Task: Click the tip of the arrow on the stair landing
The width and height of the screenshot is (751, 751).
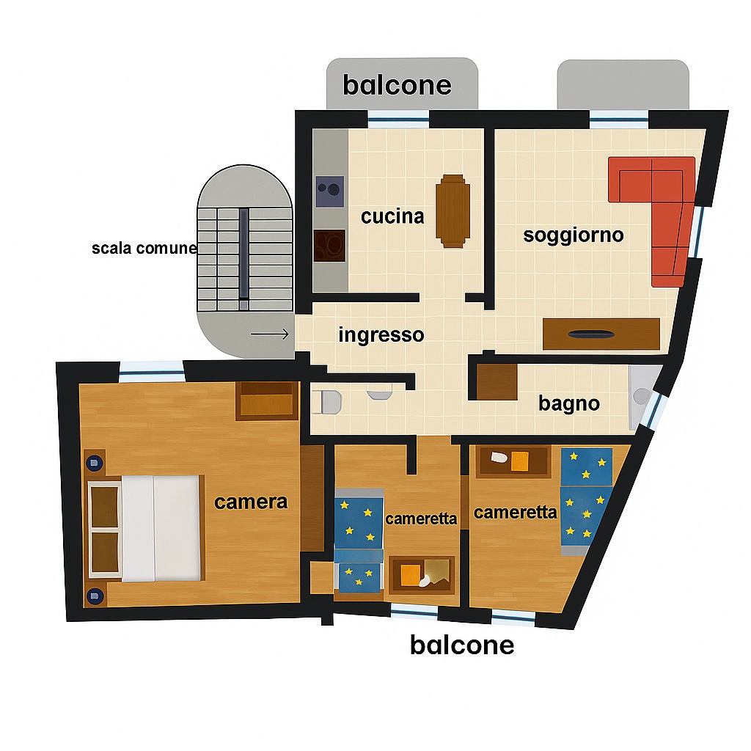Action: (289, 334)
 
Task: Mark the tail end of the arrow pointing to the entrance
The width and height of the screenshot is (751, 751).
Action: (251, 334)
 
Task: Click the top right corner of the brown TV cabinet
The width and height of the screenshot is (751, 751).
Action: (659, 319)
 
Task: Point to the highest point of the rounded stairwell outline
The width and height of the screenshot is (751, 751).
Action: (245, 165)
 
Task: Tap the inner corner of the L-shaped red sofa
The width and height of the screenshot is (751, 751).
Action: (652, 202)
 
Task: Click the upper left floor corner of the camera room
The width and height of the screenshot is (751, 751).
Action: (79, 384)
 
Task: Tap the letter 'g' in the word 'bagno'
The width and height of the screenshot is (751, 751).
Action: (568, 405)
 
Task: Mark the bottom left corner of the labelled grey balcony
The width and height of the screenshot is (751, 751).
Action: (326, 109)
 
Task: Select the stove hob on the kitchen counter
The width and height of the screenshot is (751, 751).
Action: (330, 191)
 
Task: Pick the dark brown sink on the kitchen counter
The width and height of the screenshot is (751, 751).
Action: (329, 246)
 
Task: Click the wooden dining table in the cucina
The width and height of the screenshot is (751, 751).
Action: (453, 210)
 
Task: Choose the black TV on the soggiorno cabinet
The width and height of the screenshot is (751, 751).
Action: (591, 334)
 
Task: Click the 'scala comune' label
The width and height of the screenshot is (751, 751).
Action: (144, 248)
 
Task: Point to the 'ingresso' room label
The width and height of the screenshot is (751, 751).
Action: (381, 334)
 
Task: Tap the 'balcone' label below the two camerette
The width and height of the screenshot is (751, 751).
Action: (462, 645)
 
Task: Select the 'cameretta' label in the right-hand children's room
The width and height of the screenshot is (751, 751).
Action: (516, 513)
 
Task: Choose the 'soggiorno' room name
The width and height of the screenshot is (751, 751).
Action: (574, 235)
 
